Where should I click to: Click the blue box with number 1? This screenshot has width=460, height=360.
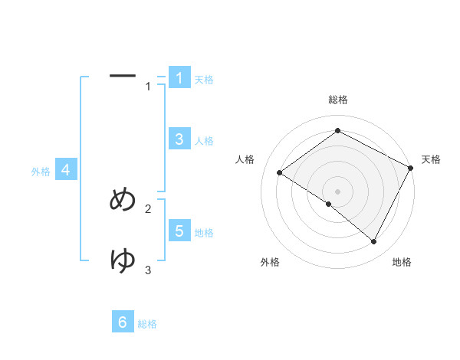[x=179, y=78]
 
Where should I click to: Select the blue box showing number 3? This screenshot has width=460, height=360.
[x=179, y=139]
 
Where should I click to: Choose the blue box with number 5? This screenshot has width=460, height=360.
[x=179, y=231]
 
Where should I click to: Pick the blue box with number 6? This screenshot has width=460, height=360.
[x=123, y=322]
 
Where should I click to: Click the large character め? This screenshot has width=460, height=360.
[x=123, y=200]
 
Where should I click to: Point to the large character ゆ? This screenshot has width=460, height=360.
[x=123, y=260]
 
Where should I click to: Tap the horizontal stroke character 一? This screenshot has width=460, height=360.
[x=123, y=76]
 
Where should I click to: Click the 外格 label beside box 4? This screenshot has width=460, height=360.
[x=41, y=172]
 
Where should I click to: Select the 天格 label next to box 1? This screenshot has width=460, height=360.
[x=204, y=80]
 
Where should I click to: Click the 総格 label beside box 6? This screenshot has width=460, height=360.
[x=147, y=324]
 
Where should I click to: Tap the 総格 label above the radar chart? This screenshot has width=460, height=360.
[x=338, y=100]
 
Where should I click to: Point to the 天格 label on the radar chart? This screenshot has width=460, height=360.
[x=431, y=159]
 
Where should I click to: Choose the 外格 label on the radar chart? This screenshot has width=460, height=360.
[x=270, y=262]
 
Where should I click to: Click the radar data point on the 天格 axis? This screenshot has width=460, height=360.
[x=411, y=169]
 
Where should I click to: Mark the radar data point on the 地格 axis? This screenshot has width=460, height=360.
[x=374, y=242]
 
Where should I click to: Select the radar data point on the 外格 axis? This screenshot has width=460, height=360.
[x=329, y=204]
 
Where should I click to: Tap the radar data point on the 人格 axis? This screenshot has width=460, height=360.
[x=279, y=173]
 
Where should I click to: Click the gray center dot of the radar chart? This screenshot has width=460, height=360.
[x=337, y=191]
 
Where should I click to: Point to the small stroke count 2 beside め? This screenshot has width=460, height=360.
[x=148, y=208]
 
